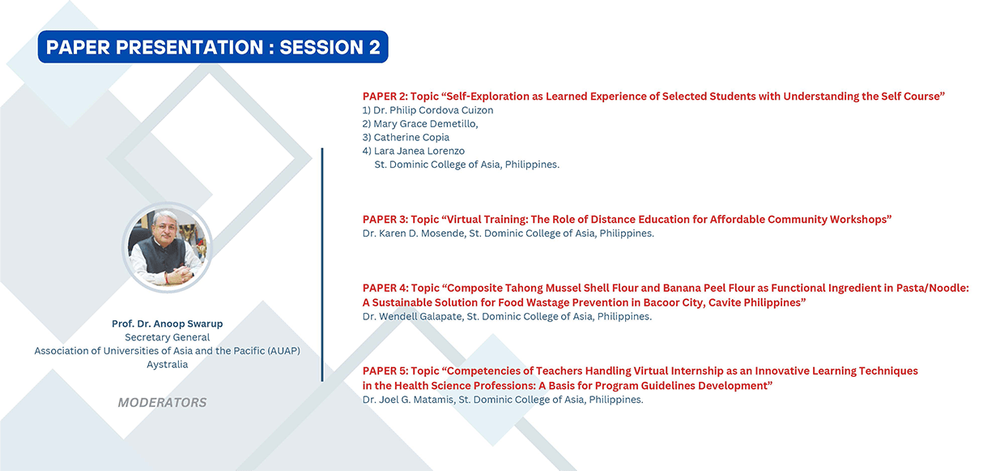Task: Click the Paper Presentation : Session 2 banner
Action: (213, 47)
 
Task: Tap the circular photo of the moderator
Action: (167, 247)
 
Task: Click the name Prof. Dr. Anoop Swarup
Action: (167, 323)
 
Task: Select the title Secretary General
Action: (167, 337)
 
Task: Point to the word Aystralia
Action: (167, 364)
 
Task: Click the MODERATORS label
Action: (162, 402)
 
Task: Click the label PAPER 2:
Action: (385, 96)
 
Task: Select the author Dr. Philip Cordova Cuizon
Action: (433, 110)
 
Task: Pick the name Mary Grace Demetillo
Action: (425, 124)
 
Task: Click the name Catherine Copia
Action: (411, 137)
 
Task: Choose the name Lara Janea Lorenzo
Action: (419, 151)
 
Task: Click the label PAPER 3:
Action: (385, 220)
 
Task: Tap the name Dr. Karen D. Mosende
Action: (413, 233)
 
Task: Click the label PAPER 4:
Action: (385, 288)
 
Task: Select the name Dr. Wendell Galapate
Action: (412, 317)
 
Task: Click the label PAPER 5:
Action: (385, 371)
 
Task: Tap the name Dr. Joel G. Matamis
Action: (408, 400)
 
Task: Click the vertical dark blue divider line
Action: (321, 264)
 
